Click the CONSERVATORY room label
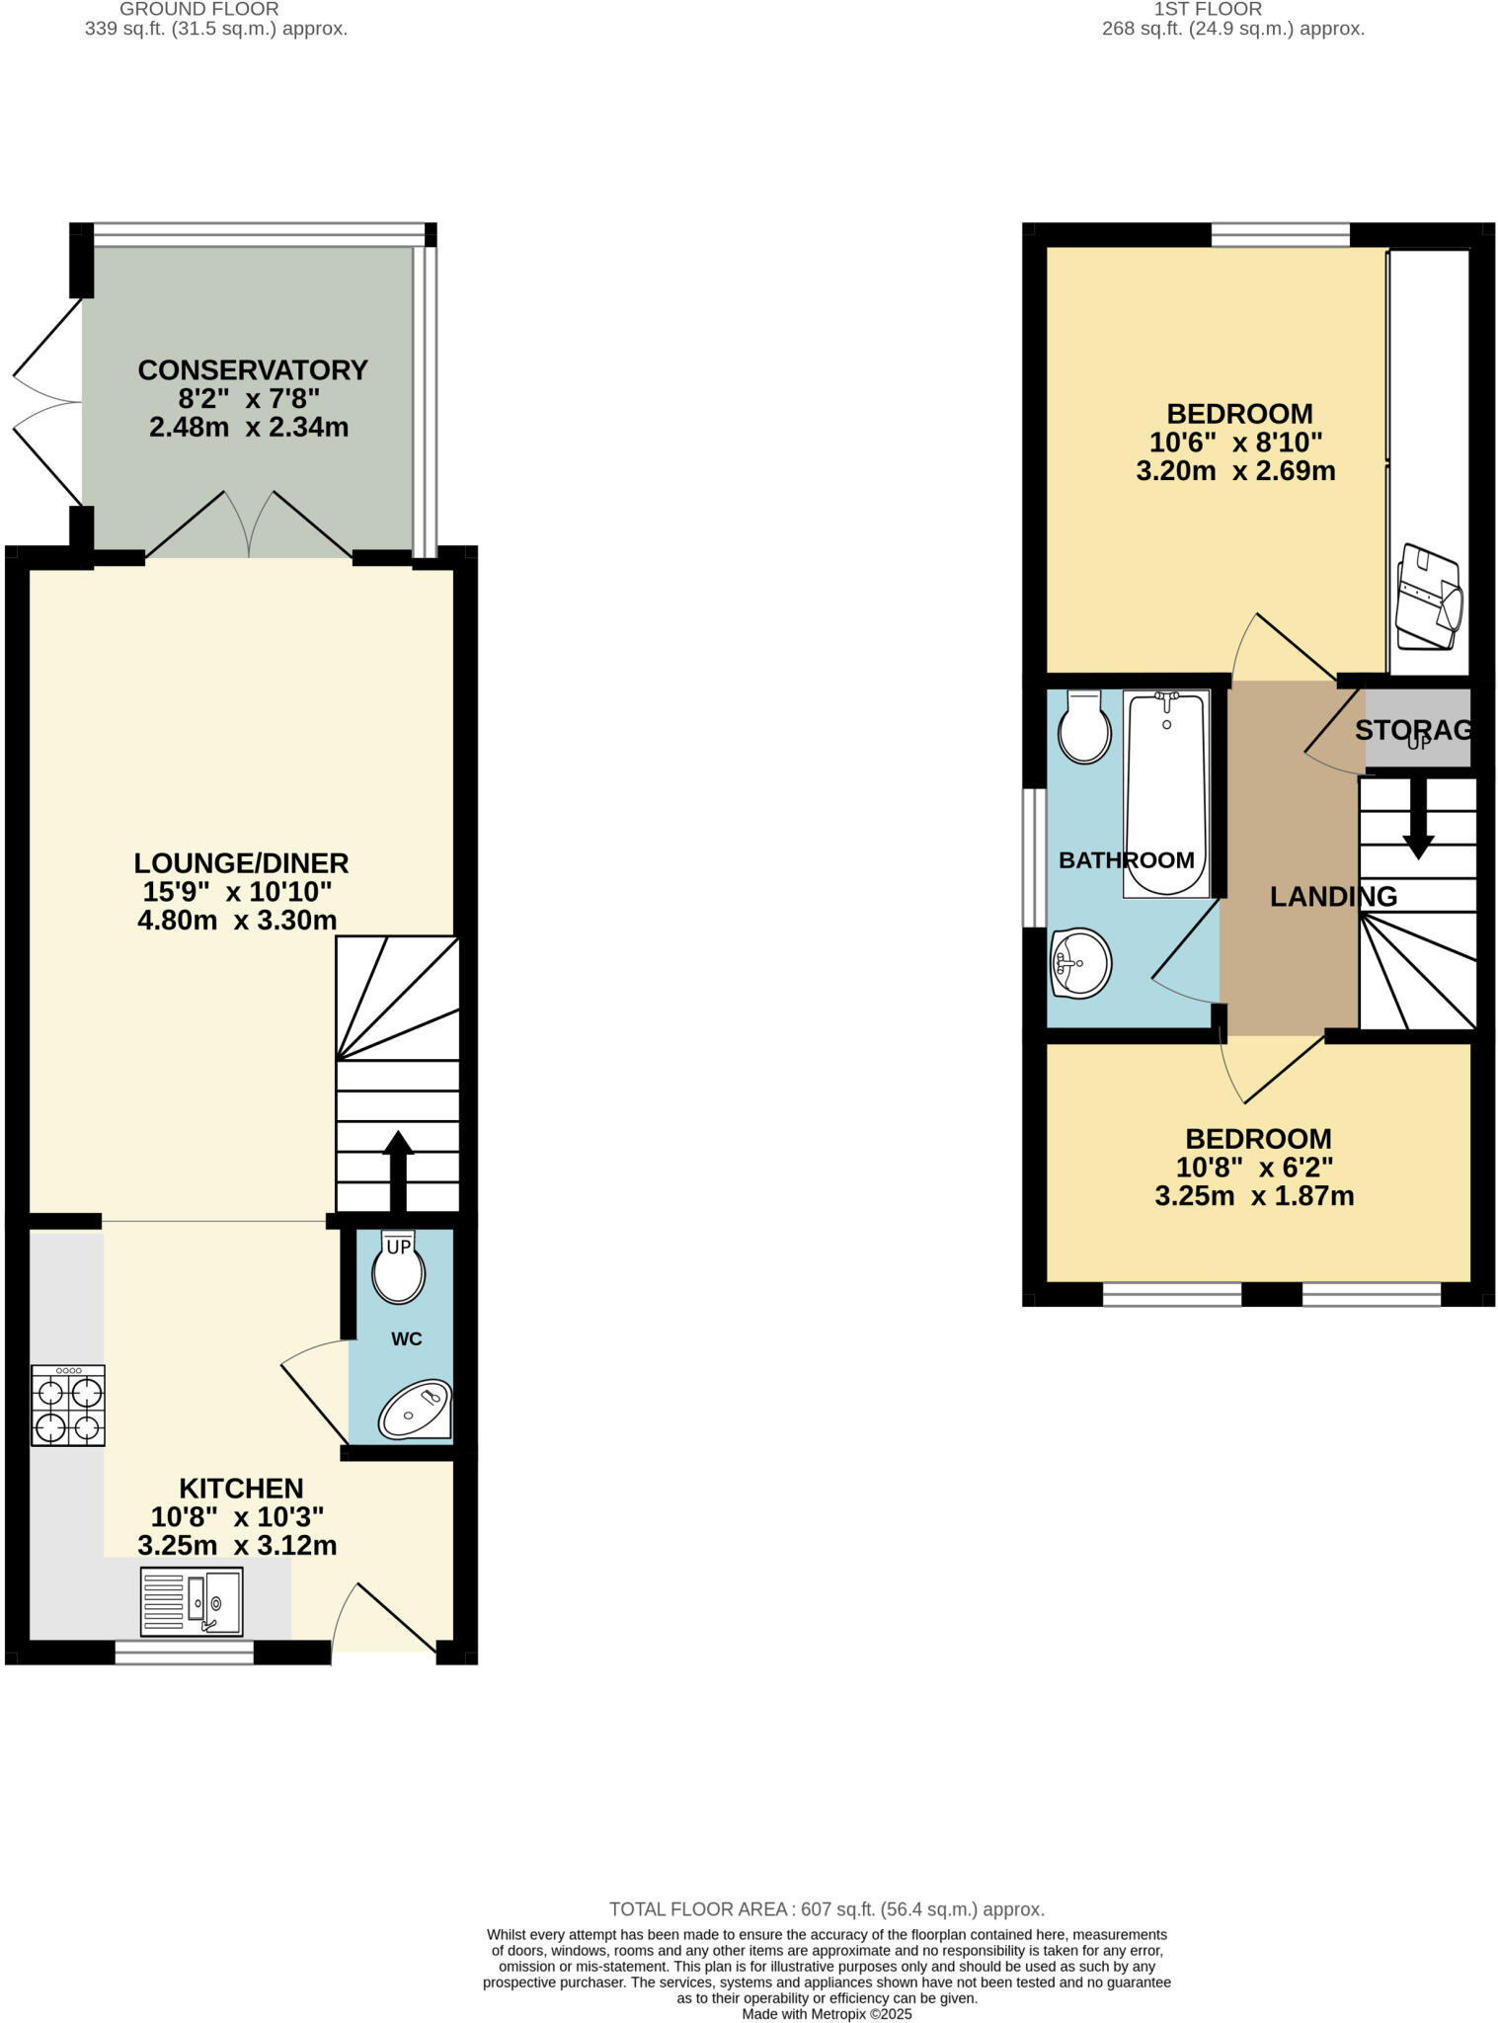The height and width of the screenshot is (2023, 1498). (252, 370)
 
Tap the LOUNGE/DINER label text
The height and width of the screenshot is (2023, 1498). (241, 863)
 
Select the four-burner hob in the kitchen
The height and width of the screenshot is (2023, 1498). (67, 1406)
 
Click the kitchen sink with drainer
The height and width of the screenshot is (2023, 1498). (192, 1601)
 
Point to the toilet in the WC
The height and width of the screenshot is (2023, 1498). (398, 1271)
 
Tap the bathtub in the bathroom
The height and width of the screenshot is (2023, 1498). (1166, 793)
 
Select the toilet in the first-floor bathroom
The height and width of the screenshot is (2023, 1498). (1084, 728)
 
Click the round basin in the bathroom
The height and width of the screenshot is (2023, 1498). (1081, 962)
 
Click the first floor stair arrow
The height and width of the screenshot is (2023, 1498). (1418, 818)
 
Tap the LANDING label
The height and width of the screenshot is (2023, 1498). (1333, 897)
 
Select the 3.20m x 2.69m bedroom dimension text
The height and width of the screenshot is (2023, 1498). (1235, 471)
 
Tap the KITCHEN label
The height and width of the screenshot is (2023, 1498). (241, 1489)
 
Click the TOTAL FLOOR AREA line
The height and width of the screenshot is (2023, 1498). (827, 1909)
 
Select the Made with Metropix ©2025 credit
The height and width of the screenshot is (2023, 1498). (827, 2013)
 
